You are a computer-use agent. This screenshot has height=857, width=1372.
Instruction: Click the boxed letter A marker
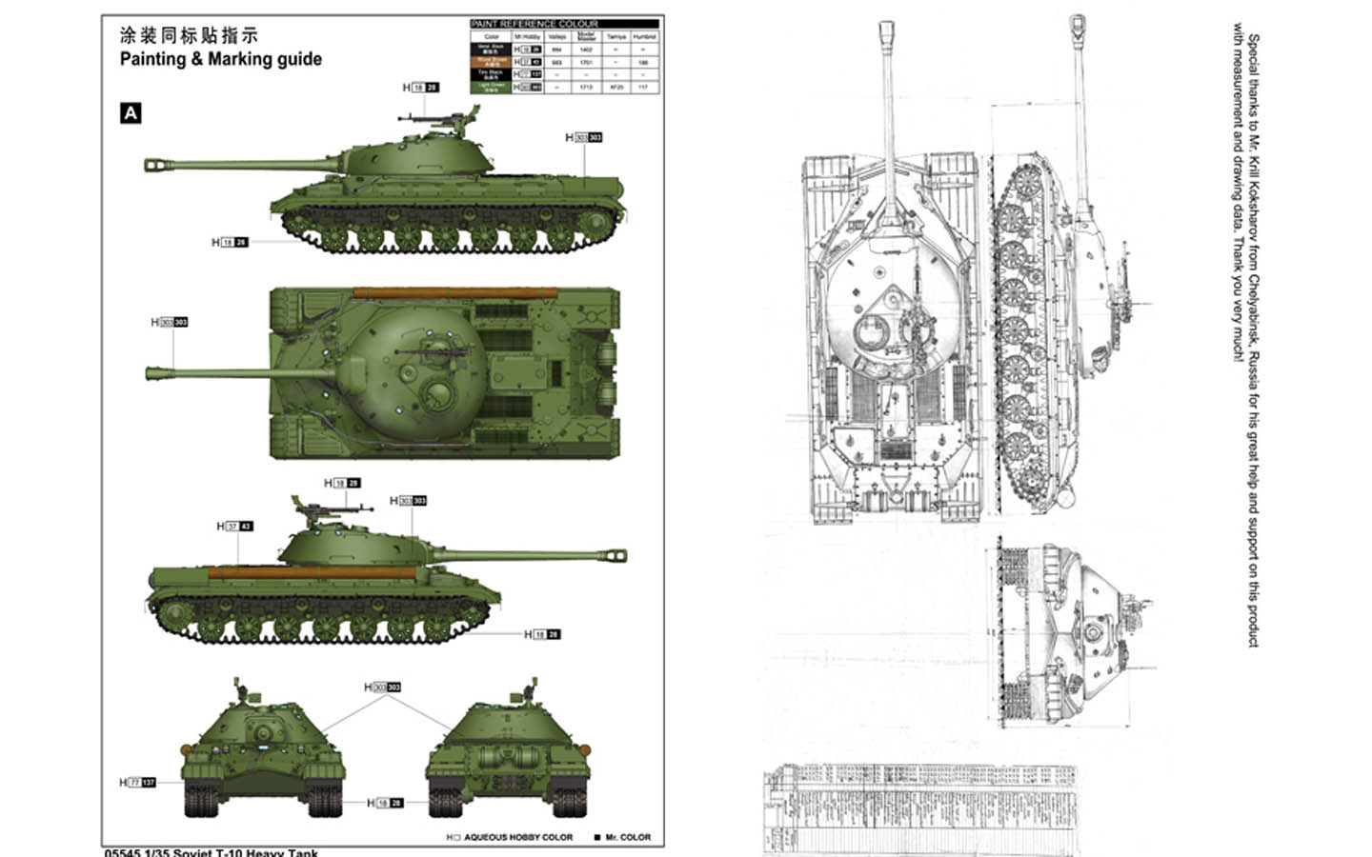click(131, 113)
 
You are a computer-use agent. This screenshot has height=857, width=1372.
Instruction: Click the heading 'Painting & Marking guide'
click(220, 59)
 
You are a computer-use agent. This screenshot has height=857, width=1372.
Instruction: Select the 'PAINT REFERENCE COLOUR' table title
click(535, 24)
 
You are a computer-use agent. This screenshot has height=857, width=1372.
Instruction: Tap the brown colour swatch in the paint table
click(492, 61)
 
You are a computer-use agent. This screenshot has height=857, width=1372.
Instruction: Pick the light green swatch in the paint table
click(492, 87)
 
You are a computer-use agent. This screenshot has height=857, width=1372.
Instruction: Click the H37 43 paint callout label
click(234, 526)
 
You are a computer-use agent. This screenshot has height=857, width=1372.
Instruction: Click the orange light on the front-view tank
click(187, 747)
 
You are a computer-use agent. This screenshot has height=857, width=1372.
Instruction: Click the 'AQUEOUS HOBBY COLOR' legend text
click(517, 838)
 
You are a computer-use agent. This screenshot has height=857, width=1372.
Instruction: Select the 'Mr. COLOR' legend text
click(627, 838)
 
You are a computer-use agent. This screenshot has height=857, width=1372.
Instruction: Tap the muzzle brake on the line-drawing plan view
click(887, 32)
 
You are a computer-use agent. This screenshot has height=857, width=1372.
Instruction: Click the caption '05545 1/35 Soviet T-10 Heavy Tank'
click(212, 852)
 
